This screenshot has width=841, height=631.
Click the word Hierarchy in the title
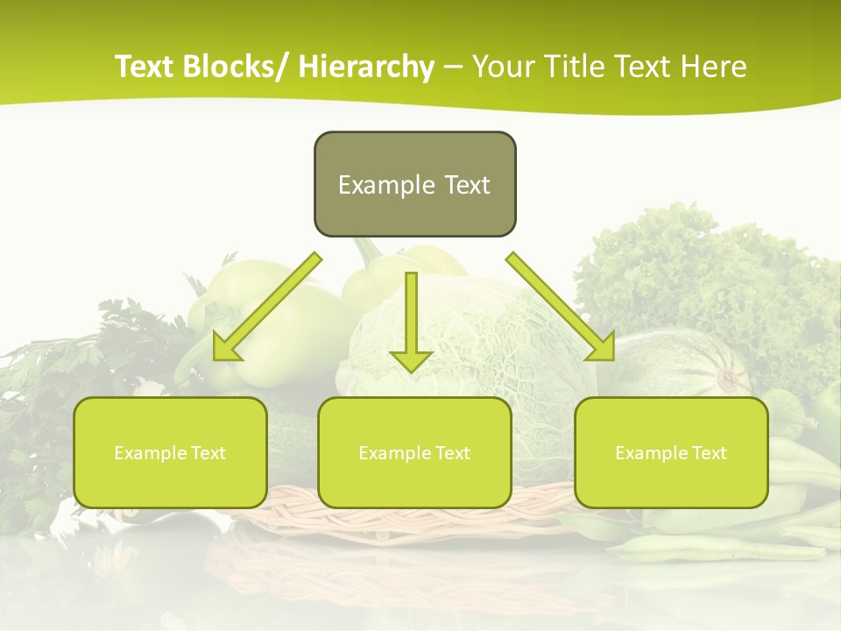366,67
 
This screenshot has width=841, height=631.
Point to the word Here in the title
716,67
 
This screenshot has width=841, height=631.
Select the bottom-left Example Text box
170,482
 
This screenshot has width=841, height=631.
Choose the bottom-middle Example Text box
414,482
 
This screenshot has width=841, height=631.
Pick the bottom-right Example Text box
671,482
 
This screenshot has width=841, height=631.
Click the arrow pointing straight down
411,324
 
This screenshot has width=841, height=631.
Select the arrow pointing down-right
561,307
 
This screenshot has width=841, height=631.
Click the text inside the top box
414,185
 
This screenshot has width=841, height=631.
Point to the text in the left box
170,453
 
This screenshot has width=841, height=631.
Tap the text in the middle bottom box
414,453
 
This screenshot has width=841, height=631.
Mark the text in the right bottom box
671,453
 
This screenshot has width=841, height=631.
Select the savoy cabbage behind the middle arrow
491,342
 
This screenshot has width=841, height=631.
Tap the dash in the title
454,67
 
